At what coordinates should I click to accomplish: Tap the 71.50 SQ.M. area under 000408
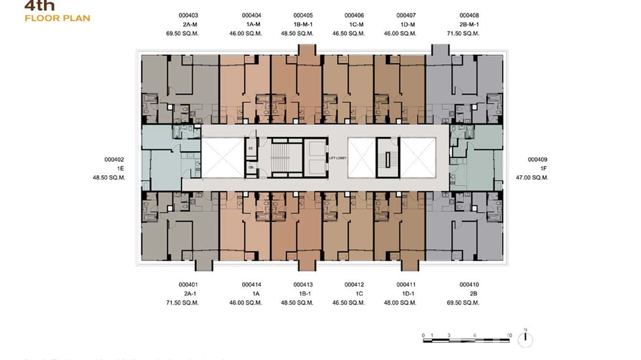(463, 34)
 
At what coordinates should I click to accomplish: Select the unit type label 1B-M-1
(303, 25)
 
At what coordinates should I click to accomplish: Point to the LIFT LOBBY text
(338, 158)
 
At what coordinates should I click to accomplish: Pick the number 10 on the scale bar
(509, 336)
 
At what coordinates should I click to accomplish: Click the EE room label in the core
(251, 148)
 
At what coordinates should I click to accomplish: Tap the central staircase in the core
(281, 158)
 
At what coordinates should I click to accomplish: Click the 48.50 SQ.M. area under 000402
(109, 178)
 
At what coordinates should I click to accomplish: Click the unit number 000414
(251, 285)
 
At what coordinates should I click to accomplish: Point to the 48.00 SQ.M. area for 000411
(400, 303)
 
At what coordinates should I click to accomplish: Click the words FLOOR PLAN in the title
(57, 19)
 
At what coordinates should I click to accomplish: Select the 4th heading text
(39, 6)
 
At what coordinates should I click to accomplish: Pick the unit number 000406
(354, 16)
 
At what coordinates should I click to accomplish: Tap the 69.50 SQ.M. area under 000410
(463, 303)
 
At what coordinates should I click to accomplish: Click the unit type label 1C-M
(354, 25)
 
